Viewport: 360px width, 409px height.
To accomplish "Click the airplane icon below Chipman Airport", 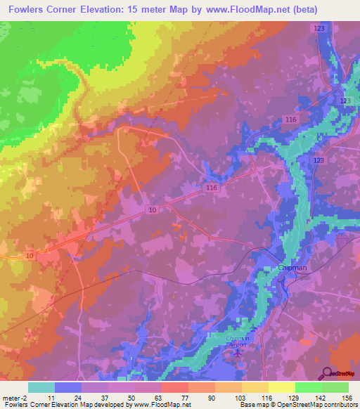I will (238, 353).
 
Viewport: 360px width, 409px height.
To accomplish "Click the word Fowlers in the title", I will (28, 10).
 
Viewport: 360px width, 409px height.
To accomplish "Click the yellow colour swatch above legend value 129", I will (281, 387).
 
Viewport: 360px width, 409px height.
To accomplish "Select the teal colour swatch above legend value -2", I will (41, 387).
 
